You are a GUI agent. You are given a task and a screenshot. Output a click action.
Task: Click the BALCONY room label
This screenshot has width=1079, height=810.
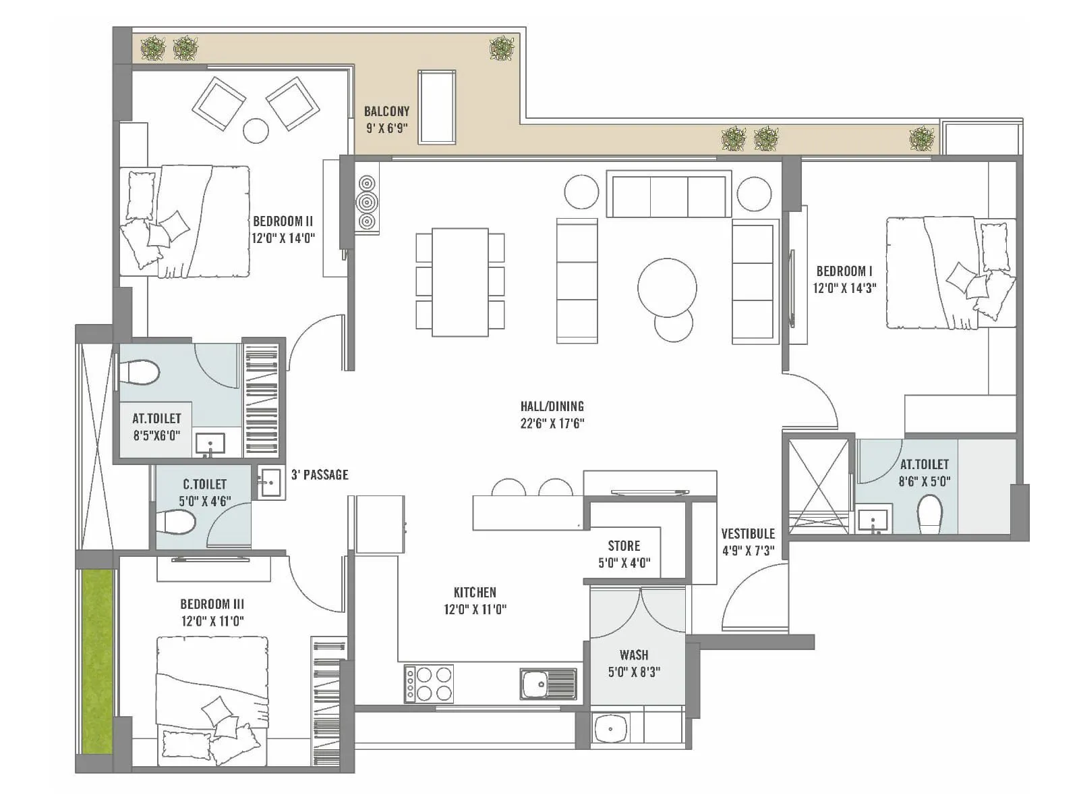(x=386, y=111)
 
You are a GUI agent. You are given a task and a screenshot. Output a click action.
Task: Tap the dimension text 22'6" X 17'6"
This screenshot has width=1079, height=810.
(x=552, y=424)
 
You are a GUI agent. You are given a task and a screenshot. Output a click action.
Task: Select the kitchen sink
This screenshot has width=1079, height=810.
(x=548, y=684)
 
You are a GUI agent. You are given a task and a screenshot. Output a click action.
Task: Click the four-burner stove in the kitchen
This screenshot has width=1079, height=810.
(x=429, y=684)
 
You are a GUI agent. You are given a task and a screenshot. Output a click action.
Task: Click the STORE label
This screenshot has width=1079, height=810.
(x=624, y=545)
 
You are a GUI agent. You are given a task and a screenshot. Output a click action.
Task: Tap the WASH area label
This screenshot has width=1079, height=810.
(x=634, y=655)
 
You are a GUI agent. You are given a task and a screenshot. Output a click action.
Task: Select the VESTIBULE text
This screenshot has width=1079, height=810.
(x=748, y=533)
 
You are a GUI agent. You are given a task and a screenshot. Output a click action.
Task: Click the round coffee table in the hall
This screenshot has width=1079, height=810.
(x=667, y=288)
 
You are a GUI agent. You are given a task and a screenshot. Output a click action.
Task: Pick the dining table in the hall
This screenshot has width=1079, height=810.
(x=460, y=282)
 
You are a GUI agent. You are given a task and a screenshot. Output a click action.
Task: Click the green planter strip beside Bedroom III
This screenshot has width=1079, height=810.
(x=96, y=661)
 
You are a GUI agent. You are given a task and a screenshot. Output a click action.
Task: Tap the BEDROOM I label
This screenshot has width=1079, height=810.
(x=844, y=271)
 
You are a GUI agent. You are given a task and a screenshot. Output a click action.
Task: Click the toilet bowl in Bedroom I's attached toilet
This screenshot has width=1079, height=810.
(x=930, y=514)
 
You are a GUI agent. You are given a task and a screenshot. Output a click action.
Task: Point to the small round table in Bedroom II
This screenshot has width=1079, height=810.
(x=256, y=130)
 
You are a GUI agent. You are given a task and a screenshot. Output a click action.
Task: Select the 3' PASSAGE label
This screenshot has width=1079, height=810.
(x=320, y=475)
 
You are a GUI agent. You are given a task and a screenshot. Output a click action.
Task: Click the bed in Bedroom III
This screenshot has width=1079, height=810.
(x=212, y=702)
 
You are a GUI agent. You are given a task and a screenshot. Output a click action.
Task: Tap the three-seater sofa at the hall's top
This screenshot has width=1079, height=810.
(x=668, y=194)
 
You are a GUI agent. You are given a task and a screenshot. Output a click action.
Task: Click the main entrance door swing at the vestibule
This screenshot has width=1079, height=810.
(x=754, y=601)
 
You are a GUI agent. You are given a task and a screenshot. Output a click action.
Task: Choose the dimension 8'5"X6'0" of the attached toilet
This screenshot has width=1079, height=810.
(x=156, y=435)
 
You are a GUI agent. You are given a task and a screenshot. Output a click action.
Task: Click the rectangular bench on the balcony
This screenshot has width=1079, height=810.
(x=436, y=107)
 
